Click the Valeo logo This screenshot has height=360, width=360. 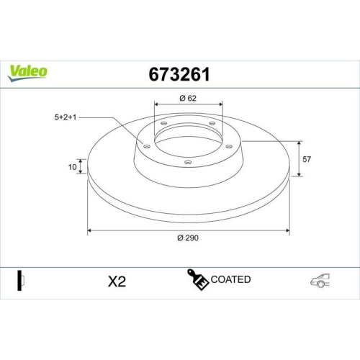(x=28, y=71)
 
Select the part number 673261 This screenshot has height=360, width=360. (x=179, y=74)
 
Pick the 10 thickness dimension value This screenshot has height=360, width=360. (x=72, y=167)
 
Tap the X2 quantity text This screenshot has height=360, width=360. (x=115, y=281)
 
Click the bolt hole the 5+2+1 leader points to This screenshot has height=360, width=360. (x=148, y=146)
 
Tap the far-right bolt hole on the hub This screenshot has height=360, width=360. (x=229, y=146)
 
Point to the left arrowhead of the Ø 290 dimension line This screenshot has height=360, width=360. (x=90, y=231)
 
